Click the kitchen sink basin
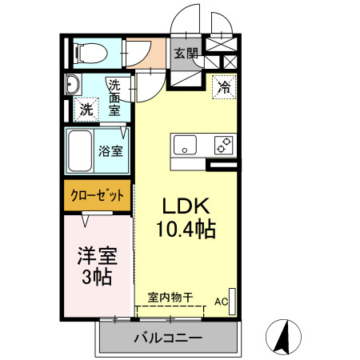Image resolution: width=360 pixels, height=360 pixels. pyautogui.click(x=186, y=146)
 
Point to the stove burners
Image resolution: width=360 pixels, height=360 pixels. pyautogui.click(x=223, y=146)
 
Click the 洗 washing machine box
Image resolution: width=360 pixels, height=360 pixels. pyautogui.click(x=85, y=110)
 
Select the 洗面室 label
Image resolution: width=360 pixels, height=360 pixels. pyautogui.click(x=115, y=97)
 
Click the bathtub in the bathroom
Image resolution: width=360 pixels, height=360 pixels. pyautogui.click(x=80, y=150)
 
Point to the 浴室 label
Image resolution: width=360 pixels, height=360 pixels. pyautogui.click(x=110, y=150)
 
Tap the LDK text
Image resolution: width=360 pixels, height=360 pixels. pyautogui.click(x=186, y=205)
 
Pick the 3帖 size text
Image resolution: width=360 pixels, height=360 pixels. pyautogui.click(x=97, y=278)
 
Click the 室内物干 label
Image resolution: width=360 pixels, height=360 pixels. pyautogui.click(x=170, y=297)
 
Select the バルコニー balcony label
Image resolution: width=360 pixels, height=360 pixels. pyautogui.click(x=167, y=338)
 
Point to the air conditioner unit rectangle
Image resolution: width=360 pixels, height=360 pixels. pyautogui.click(x=232, y=298)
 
